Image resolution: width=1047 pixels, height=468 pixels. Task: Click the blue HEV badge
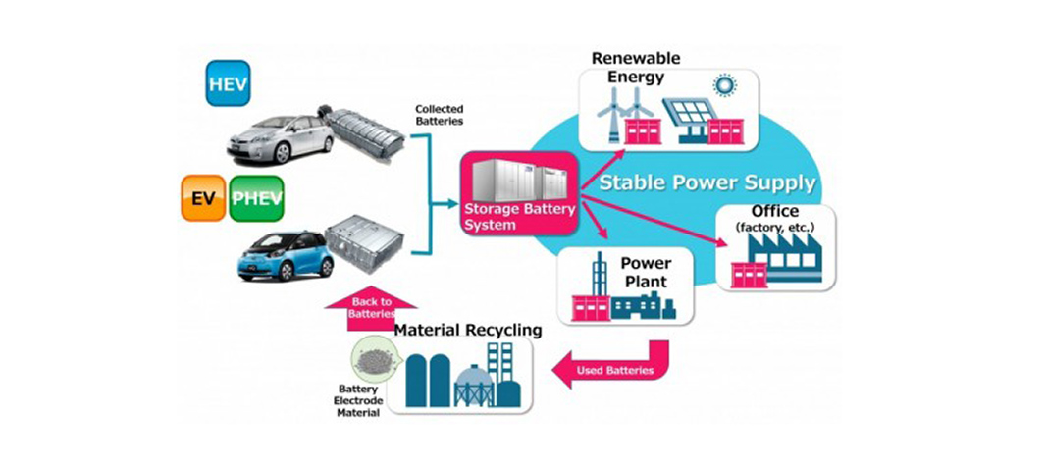[x=228, y=84]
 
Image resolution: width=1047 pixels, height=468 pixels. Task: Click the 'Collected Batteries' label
[x=438, y=114]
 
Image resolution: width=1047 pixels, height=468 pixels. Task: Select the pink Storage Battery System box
[x=518, y=190]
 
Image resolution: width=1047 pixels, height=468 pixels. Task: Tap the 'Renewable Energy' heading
[x=635, y=68]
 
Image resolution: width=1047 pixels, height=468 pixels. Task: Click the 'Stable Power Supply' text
[x=707, y=182]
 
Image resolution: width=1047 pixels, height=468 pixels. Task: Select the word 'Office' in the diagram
[x=774, y=212]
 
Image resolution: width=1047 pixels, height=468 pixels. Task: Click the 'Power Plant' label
[x=645, y=273]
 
